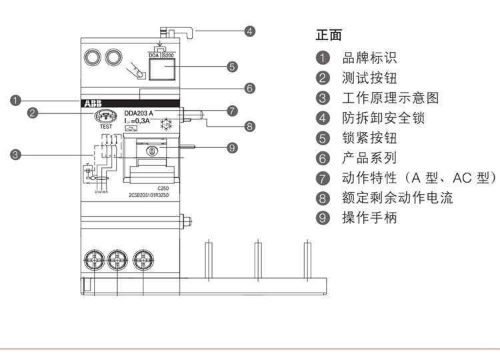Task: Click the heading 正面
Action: (x=328, y=35)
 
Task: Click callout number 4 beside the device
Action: (x=249, y=31)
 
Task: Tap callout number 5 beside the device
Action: (x=232, y=66)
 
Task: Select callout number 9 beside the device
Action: (x=232, y=147)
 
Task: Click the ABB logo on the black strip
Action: (x=92, y=104)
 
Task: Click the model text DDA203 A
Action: (x=138, y=113)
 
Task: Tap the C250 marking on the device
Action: (x=162, y=189)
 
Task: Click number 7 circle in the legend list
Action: (x=323, y=178)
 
